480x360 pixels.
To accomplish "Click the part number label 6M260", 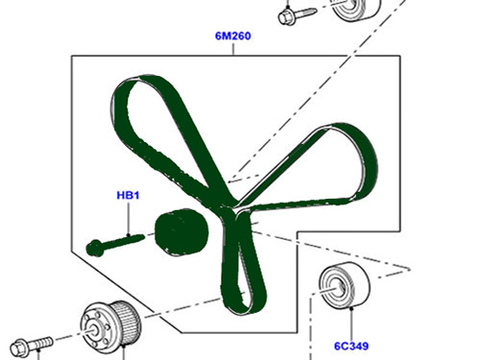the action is pos(233,36).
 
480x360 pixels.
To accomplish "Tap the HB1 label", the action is pos(128,195).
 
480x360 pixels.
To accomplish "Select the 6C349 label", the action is pos(351,346).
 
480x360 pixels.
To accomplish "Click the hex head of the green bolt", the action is pos(95,248).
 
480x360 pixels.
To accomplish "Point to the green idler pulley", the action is pos(181,231).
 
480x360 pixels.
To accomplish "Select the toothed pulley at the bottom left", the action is pos(110,324).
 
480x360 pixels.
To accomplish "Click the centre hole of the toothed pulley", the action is pos(94,331).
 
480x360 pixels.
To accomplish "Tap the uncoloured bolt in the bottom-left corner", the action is pos(32,345).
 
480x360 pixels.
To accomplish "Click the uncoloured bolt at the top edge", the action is pos(297,14).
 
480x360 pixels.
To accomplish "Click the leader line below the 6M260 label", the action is pos(233,49).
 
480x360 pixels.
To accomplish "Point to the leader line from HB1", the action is pos(129,219).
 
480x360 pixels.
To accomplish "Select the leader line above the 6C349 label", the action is pos(351,324).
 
